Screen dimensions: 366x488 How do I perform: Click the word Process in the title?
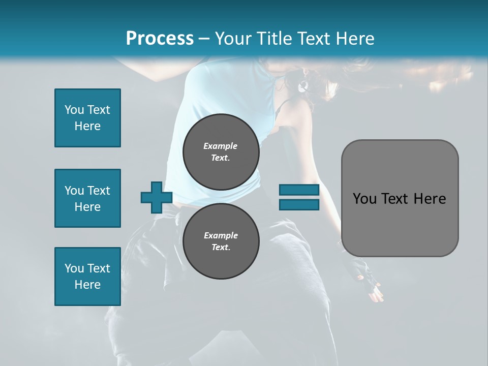(x=160, y=39)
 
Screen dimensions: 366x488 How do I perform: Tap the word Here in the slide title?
(x=355, y=39)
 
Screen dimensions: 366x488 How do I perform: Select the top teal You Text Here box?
(x=87, y=118)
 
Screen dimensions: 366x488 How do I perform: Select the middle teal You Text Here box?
(x=87, y=198)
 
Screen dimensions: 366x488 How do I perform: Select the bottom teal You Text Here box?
(x=87, y=277)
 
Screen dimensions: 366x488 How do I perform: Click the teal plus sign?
(x=157, y=197)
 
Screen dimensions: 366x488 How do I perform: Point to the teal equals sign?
(x=299, y=197)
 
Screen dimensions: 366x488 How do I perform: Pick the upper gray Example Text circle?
(x=221, y=152)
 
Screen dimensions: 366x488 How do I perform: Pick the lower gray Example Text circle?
(x=221, y=241)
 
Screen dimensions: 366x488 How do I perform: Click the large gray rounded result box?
(x=400, y=198)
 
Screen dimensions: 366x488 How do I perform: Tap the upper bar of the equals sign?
(x=299, y=190)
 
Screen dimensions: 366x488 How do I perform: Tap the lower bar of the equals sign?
(x=299, y=204)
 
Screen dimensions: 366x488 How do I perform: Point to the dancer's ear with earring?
(x=303, y=84)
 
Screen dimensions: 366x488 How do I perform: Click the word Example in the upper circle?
(x=221, y=146)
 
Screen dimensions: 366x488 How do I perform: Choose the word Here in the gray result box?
(x=430, y=199)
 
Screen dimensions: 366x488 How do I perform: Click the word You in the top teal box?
(x=74, y=110)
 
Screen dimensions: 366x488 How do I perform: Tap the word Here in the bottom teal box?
(x=87, y=285)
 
